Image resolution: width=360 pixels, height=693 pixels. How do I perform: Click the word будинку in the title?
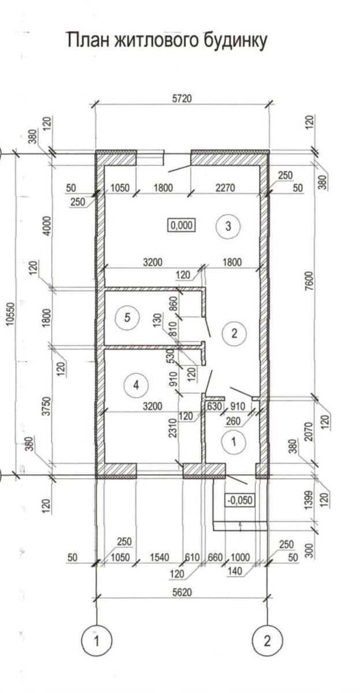point(235,41)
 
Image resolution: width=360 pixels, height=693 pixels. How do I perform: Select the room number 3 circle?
point(228,226)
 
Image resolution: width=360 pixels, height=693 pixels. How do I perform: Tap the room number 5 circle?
point(127,318)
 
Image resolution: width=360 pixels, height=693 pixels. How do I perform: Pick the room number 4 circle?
point(136,385)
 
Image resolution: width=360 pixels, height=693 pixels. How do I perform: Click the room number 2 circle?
point(234,334)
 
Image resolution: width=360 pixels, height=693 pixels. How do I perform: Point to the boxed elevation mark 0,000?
point(181,225)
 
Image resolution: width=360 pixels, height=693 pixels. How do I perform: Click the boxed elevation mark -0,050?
point(240,500)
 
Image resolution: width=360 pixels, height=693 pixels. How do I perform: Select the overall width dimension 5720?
point(181,98)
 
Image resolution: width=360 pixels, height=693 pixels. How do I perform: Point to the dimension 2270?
point(225,188)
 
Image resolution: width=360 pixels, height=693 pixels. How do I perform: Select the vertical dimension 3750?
point(46,405)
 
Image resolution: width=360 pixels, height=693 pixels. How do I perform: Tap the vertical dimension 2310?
point(173,427)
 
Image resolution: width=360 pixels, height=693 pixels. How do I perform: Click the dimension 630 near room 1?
point(214,405)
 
